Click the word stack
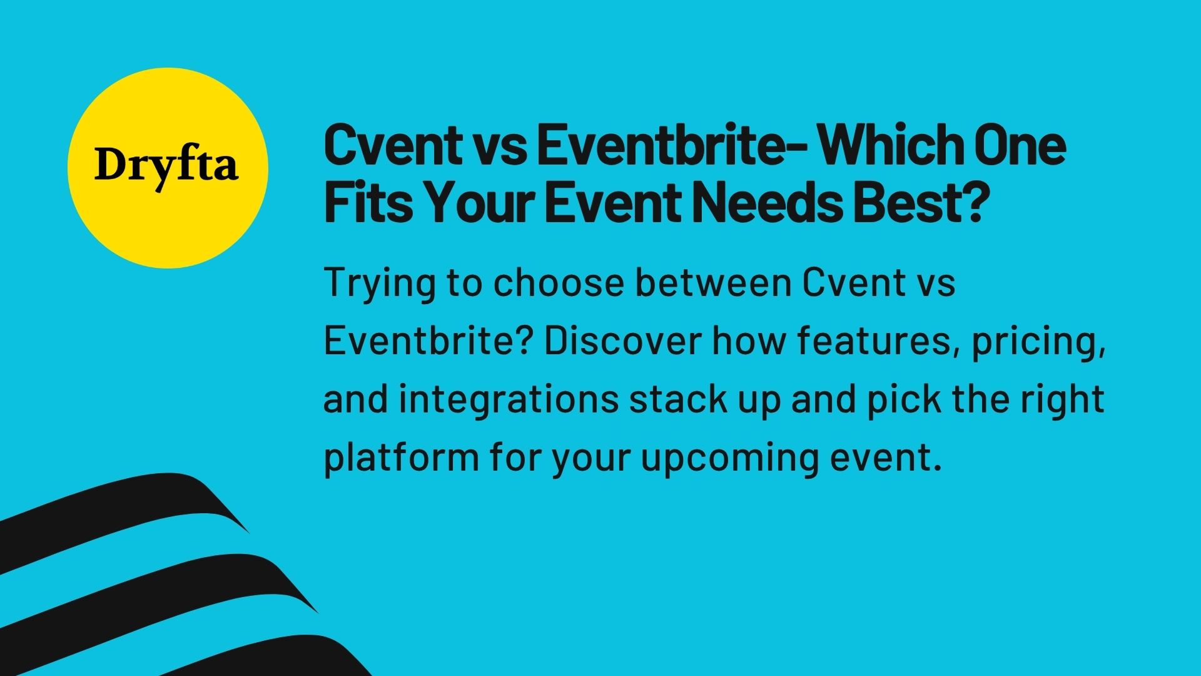coord(678,399)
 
